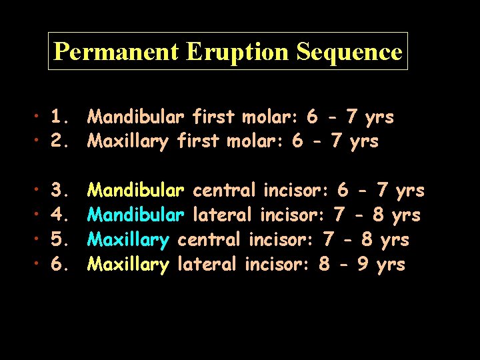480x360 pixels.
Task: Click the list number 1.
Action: click(x=61, y=117)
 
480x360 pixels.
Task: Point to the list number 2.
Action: click(x=61, y=141)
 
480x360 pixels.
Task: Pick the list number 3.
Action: click(x=61, y=191)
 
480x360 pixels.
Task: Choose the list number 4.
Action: click(x=61, y=215)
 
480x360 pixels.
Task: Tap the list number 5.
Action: click(x=61, y=239)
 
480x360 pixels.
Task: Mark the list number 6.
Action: click(x=61, y=264)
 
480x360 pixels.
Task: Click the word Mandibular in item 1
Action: click(x=136, y=117)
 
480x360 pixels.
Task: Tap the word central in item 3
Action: click(x=224, y=191)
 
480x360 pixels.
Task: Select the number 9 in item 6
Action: click(x=363, y=264)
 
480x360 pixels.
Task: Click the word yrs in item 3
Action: click(x=410, y=191)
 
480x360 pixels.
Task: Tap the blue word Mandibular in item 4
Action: click(x=136, y=215)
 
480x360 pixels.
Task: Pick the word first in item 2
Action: click(x=199, y=141)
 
